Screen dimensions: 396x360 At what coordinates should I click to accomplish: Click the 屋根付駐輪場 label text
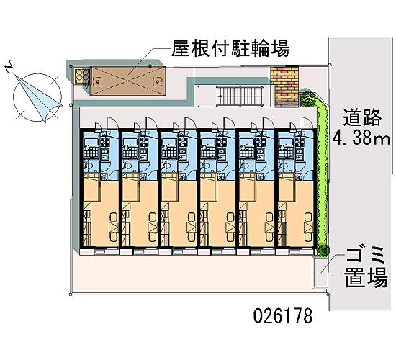[230, 48]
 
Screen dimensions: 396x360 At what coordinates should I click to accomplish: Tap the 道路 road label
[361, 117]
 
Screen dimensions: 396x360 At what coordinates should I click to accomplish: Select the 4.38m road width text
[361, 138]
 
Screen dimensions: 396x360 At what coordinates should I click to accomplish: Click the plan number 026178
[283, 316]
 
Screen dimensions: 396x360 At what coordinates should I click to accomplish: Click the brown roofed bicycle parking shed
[127, 81]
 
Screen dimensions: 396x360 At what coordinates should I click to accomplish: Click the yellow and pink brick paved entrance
[284, 86]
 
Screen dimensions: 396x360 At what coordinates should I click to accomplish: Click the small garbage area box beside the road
[320, 273]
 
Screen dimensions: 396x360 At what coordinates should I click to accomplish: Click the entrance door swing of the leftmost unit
[112, 123]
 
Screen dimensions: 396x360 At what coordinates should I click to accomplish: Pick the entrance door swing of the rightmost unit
[306, 123]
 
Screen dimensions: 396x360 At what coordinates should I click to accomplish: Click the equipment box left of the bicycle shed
[82, 76]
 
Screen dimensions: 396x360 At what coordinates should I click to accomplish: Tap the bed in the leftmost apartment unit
[114, 227]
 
